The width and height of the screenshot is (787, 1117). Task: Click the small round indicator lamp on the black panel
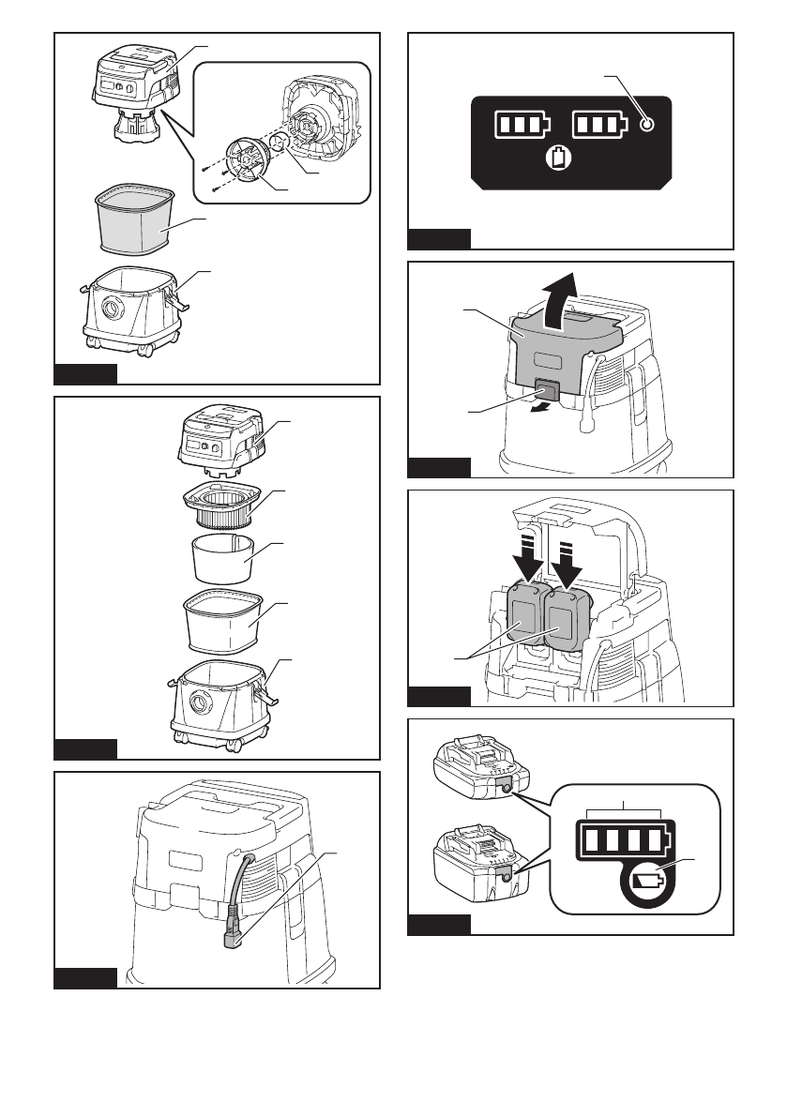(645, 126)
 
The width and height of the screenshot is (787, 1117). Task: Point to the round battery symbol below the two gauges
(559, 159)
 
